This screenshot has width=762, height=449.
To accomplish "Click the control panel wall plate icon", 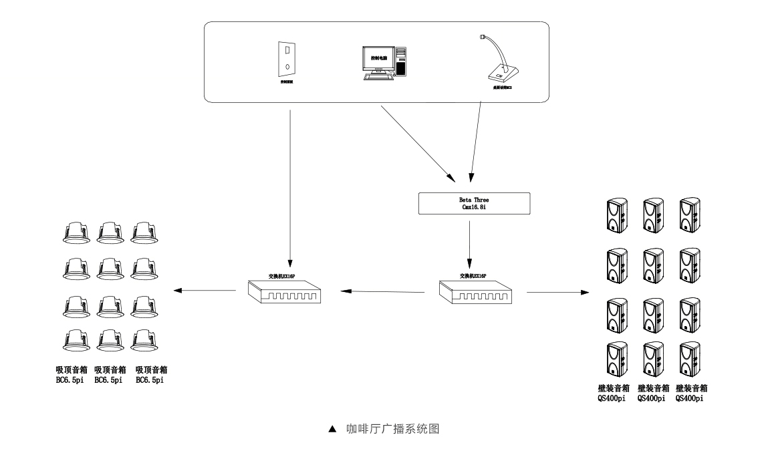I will pos(286,59).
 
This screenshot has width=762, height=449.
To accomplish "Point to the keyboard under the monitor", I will pos(378,77).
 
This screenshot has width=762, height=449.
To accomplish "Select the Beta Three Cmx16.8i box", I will pos(473,204).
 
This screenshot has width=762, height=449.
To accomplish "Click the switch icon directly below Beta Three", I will pos(475,292).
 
